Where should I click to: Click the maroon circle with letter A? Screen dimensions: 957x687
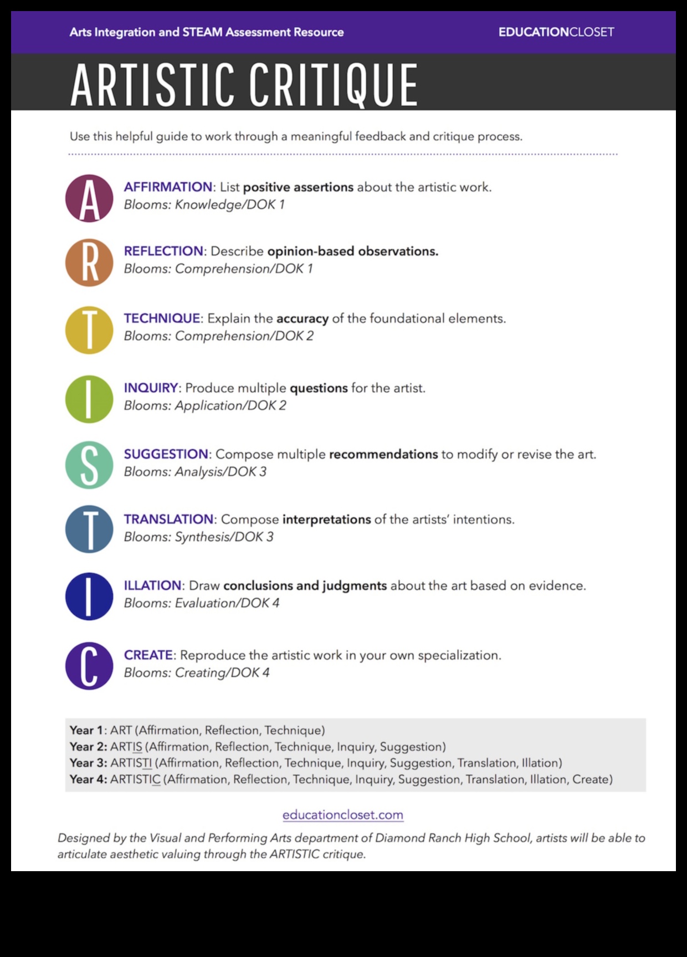tap(89, 198)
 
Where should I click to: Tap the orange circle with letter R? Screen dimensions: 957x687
tap(89, 263)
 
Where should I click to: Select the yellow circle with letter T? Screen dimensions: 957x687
tap(89, 330)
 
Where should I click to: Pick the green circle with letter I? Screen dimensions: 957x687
tap(89, 399)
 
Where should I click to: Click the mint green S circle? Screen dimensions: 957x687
tap(89, 465)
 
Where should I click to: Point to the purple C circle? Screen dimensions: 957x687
tap(89, 666)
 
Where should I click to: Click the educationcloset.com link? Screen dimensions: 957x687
tap(343, 815)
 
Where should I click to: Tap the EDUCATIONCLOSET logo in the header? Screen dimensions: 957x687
tap(556, 32)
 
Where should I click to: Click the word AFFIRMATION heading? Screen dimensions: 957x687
tap(168, 187)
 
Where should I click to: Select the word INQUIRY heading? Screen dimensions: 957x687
tap(151, 388)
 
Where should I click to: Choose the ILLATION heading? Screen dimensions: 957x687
tap(152, 585)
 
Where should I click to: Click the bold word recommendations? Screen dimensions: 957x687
tap(383, 454)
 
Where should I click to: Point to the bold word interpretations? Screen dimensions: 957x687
tap(326, 519)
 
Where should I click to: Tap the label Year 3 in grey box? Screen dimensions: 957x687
tap(88, 763)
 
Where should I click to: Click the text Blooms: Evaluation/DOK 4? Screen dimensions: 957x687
tap(202, 603)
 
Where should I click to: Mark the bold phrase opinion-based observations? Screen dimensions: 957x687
tap(352, 251)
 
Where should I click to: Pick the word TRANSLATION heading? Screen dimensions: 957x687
tap(168, 519)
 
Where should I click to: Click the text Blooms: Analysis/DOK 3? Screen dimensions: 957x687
tap(195, 472)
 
